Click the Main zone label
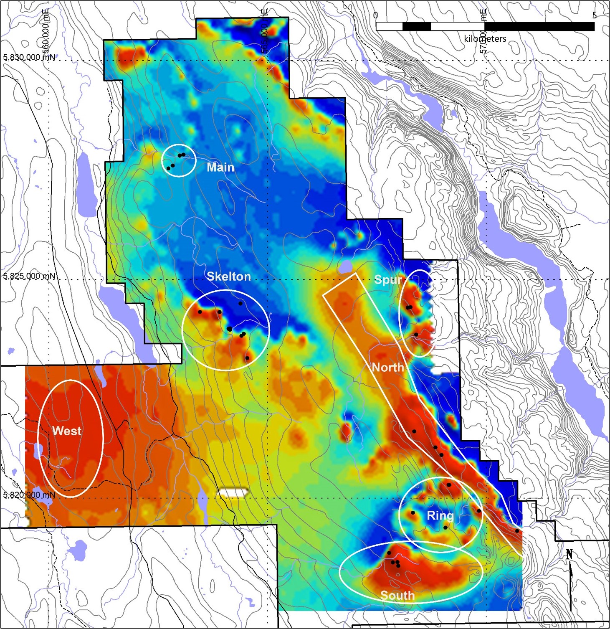220,167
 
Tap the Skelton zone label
229,276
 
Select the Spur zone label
388,280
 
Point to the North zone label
388,368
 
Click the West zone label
67,431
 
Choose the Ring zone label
440,516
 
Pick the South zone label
397,595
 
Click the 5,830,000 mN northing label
29,57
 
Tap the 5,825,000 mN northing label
29,276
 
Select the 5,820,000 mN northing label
29,495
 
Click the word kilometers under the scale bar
485,39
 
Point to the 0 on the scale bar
375,15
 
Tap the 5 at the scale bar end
594,15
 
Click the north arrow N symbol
569,555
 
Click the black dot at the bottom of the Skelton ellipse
247,358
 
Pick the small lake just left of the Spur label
346,266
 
